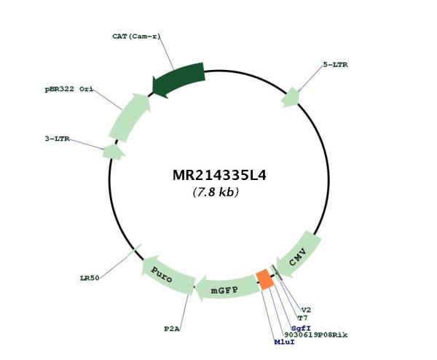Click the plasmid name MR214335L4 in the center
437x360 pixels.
(x=219, y=176)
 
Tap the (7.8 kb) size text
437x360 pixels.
(x=216, y=192)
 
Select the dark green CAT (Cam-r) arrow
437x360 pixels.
(x=178, y=79)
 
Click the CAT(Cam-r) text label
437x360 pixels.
(x=137, y=36)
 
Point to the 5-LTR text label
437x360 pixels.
(x=335, y=65)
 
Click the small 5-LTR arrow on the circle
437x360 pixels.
(x=291, y=98)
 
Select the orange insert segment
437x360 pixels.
(x=265, y=279)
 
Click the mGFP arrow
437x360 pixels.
(x=227, y=289)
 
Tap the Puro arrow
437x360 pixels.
(x=167, y=275)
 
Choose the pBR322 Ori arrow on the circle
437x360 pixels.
(x=130, y=117)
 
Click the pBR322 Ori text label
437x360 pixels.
(x=69, y=89)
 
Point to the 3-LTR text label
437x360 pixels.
(x=57, y=138)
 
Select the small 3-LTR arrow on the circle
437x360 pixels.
(x=113, y=152)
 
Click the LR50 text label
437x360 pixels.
(x=90, y=278)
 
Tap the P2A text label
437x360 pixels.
(x=172, y=329)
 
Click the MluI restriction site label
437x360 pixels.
(x=284, y=342)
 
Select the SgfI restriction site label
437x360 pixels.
(x=301, y=328)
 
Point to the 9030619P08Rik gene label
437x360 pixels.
(x=316, y=335)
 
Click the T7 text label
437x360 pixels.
(x=303, y=318)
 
